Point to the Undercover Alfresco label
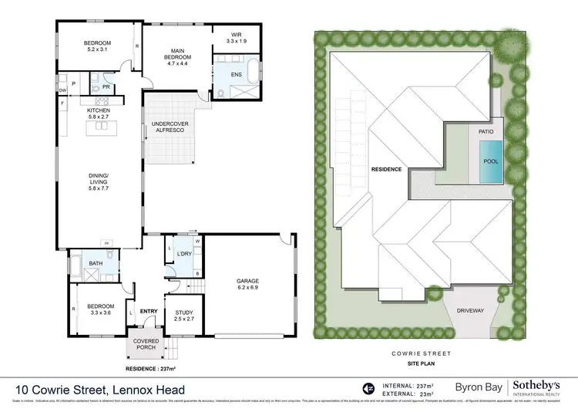click(x=170, y=127)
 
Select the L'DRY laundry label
click(x=183, y=253)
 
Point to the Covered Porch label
click(x=145, y=343)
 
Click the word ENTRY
click(x=149, y=311)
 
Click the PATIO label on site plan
click(x=486, y=132)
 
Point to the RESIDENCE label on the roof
click(x=387, y=168)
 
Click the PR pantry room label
click(x=106, y=87)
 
